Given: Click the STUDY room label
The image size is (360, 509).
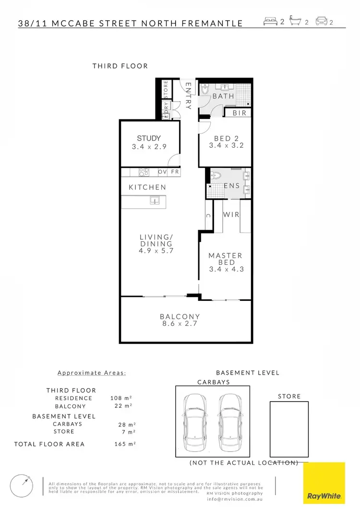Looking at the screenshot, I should (x=149, y=138).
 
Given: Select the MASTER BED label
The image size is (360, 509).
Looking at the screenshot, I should (x=226, y=259).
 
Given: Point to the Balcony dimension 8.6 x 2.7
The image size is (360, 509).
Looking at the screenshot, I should (x=180, y=324).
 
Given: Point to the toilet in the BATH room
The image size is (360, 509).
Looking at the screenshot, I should (x=205, y=90).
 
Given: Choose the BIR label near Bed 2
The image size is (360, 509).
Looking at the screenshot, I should (x=239, y=113).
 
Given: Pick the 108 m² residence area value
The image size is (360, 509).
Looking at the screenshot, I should (x=120, y=398).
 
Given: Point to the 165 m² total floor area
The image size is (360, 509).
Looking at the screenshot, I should (x=123, y=444).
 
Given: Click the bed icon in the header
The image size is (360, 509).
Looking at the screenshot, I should (x=271, y=22).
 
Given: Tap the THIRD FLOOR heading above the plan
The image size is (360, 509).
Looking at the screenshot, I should (x=120, y=66).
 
